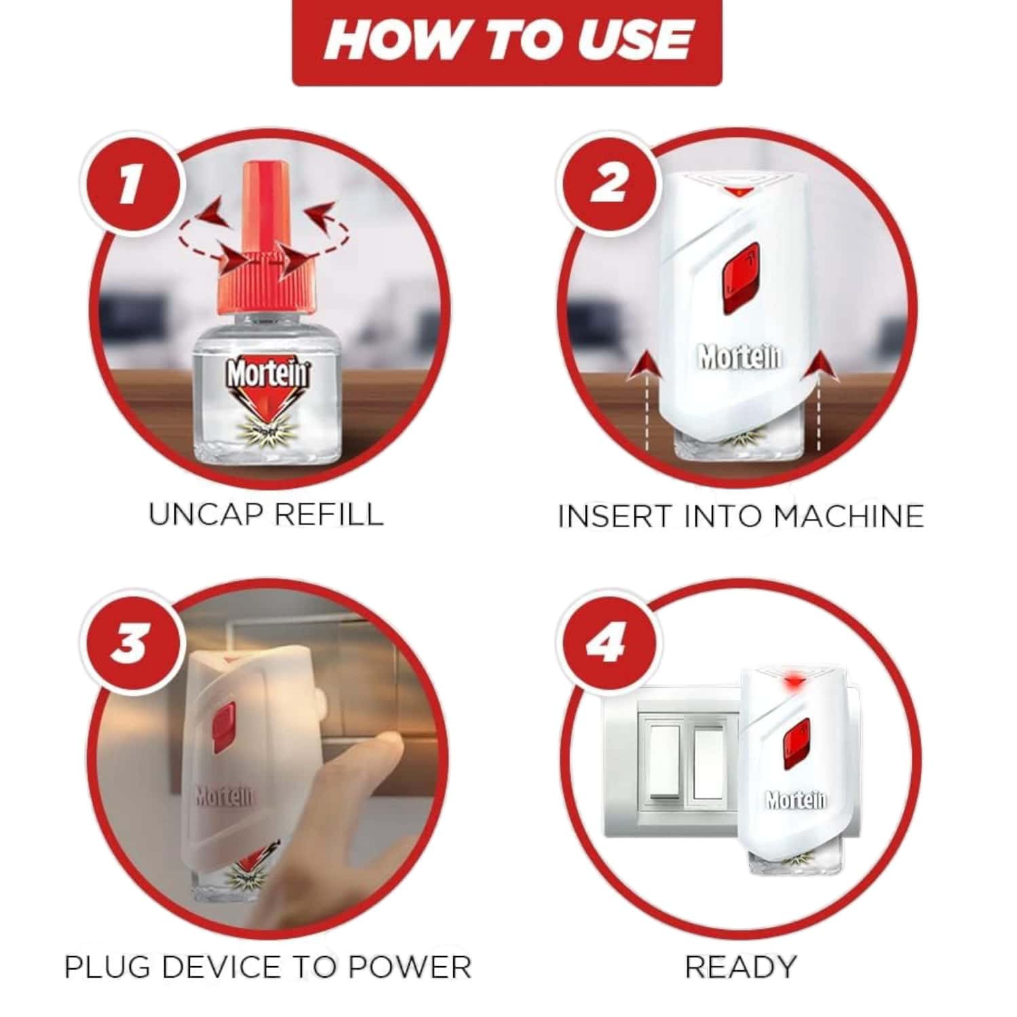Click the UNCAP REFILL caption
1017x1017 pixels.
point(266,514)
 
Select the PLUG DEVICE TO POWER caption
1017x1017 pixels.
point(267,966)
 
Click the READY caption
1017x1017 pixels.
point(740,966)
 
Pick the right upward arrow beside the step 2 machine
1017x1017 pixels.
point(821,368)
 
